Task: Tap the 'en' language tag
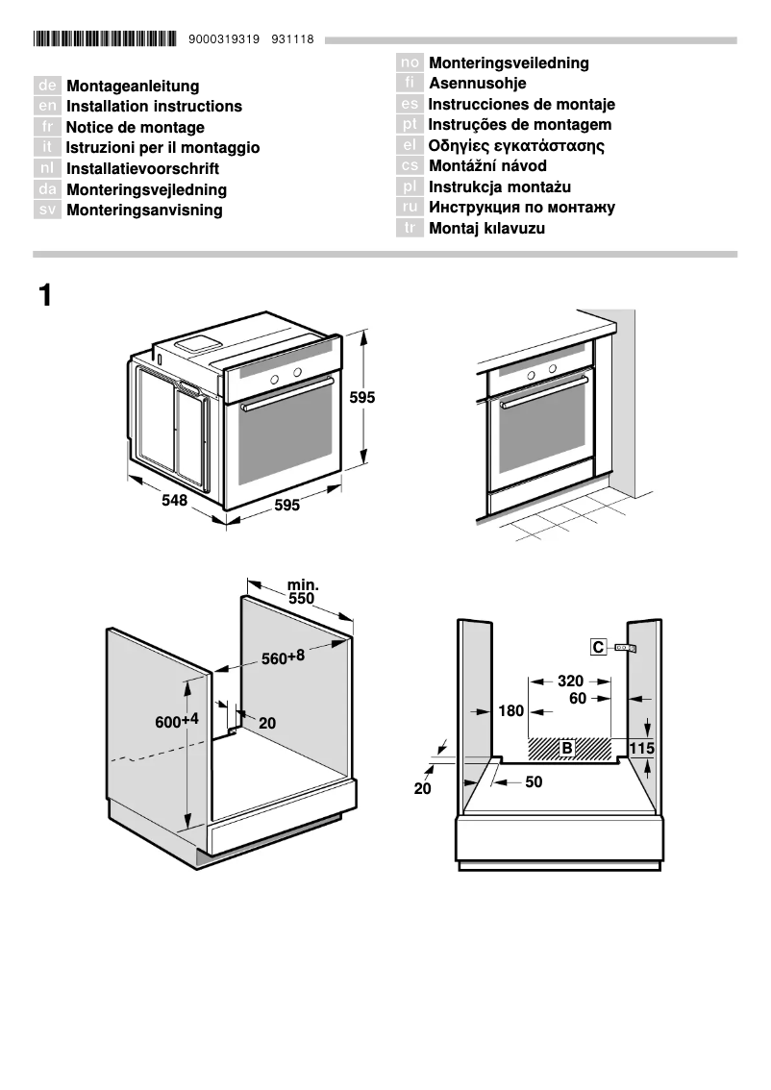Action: click(47, 107)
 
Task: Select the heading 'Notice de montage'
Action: click(135, 128)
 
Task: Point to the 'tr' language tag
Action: click(410, 229)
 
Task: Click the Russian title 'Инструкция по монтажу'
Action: click(521, 208)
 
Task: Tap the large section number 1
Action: click(44, 295)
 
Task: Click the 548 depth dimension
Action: click(174, 501)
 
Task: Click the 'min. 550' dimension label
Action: click(302, 591)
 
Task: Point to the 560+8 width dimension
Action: click(283, 657)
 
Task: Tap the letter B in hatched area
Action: click(567, 747)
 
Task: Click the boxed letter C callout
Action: click(599, 648)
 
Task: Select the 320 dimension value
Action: click(570, 681)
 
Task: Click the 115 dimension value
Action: click(642, 748)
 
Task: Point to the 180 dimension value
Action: click(511, 712)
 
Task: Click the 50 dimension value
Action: click(534, 782)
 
